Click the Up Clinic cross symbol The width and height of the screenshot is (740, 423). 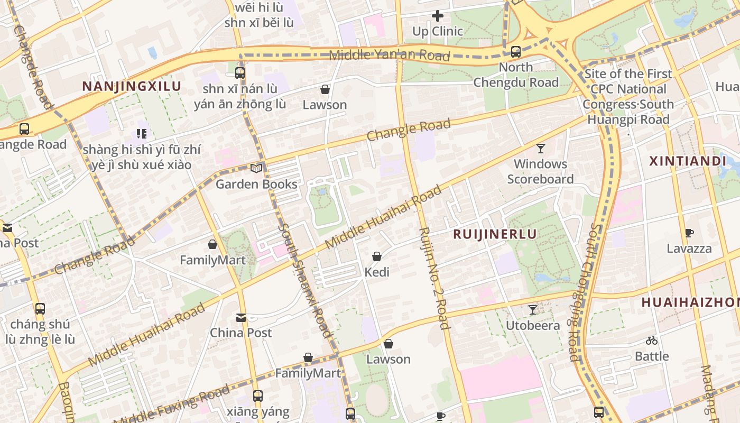[x=438, y=16]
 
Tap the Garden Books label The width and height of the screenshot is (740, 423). [x=256, y=184]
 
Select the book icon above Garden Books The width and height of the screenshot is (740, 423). [x=256, y=169]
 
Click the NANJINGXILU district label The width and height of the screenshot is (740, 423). [x=132, y=87]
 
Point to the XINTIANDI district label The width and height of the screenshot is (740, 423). [x=687, y=161]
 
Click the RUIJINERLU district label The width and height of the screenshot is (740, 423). [x=495, y=234]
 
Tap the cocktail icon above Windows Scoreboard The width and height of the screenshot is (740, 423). [x=540, y=149]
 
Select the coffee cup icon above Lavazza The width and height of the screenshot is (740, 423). [x=689, y=233]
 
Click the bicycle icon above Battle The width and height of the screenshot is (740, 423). [x=651, y=341]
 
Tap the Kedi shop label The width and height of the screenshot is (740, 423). [x=377, y=272]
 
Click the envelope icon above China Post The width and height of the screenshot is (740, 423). [x=241, y=318]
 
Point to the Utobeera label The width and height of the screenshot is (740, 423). [x=533, y=325]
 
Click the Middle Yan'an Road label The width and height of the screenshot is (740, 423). [x=389, y=55]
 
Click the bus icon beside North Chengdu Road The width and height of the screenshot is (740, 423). [x=515, y=52]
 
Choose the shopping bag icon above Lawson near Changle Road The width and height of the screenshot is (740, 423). [x=325, y=89]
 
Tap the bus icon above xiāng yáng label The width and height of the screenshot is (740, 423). [x=257, y=396]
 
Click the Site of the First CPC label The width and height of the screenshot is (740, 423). [x=628, y=74]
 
